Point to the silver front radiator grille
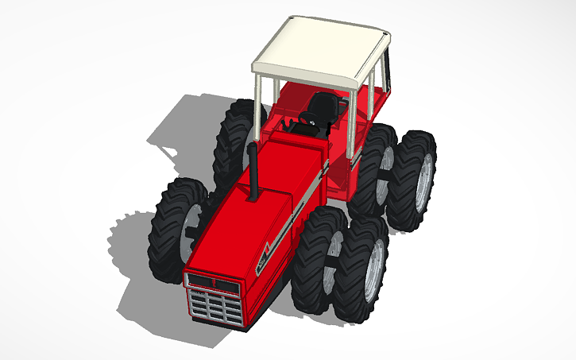click(216, 305)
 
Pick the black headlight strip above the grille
click(211, 281)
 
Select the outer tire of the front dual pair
click(361, 270)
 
